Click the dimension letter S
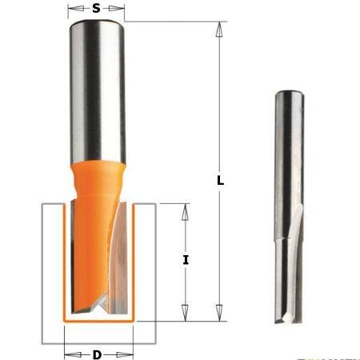point(96,9)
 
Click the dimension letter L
point(219,181)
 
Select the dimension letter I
point(186,260)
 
